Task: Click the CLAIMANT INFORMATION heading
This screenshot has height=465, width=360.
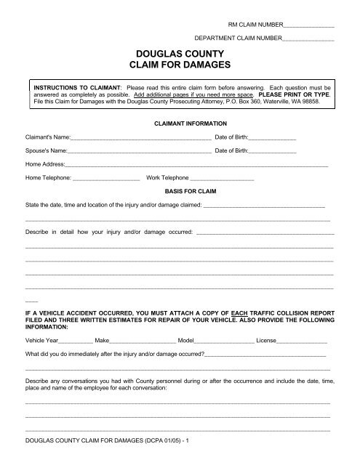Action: tap(179, 124)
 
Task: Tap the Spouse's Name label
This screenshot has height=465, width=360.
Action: tap(47, 152)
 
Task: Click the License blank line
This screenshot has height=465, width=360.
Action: tap(302, 340)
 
